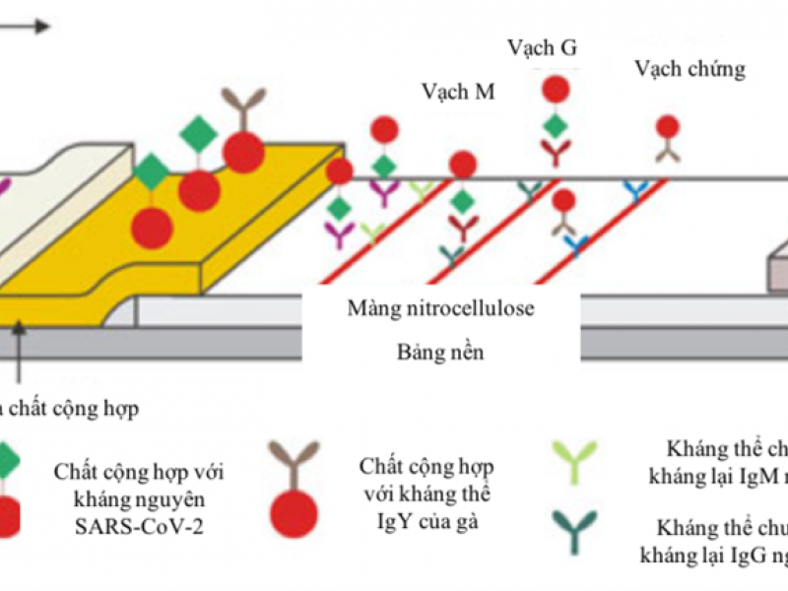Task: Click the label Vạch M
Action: tap(457, 93)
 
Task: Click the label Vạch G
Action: tap(542, 47)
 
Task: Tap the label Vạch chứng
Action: tap(689, 69)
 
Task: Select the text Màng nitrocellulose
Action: tap(440, 309)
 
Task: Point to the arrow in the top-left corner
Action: tap(25, 27)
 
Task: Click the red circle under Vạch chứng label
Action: tap(668, 126)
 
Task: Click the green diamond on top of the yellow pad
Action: tap(200, 133)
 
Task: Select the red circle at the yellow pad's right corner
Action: tap(339, 171)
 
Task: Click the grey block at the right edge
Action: tap(777, 266)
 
